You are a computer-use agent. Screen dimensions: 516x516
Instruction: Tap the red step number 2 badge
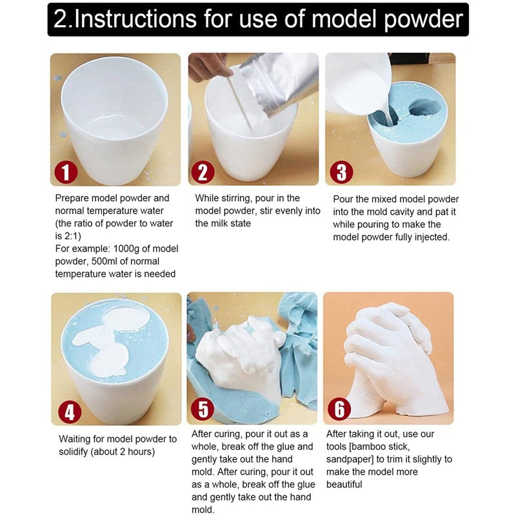203,172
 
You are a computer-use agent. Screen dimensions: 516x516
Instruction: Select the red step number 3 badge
342,172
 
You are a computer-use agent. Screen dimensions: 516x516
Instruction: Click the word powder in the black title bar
422,19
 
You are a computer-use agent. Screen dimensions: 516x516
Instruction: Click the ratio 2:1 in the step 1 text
71,236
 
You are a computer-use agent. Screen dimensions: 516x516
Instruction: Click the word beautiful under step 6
344,484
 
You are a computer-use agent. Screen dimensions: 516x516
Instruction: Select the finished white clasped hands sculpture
387,358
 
